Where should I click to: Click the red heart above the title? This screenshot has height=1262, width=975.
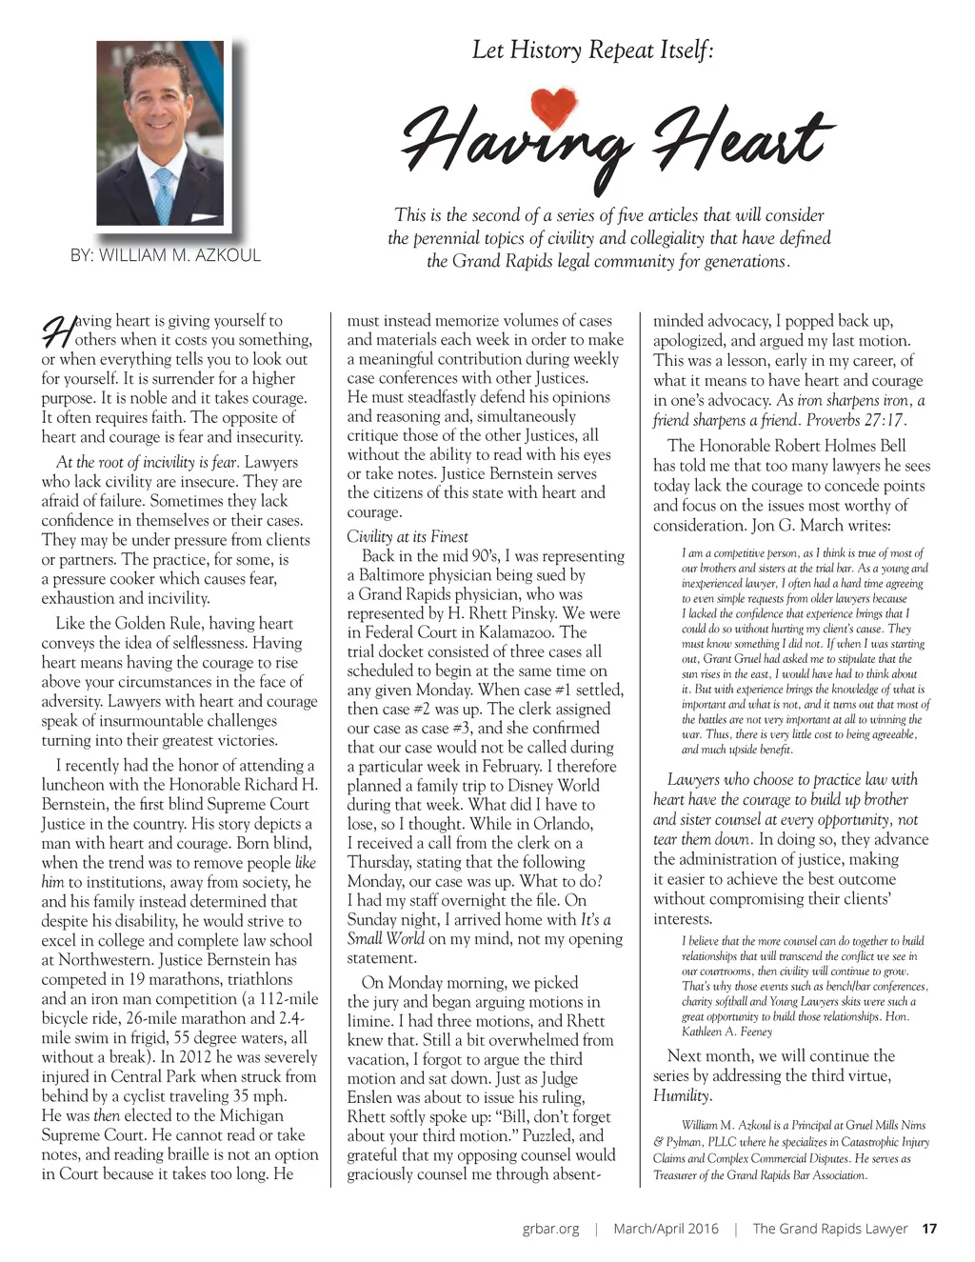coord(553,107)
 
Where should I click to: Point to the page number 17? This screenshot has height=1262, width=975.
coord(929,1229)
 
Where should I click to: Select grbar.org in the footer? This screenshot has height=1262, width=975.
coord(550,1229)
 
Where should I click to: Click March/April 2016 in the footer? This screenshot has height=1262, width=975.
coord(666,1229)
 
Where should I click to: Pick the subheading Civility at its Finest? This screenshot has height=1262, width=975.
coord(408,537)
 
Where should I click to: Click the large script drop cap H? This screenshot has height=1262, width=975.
coord(56,331)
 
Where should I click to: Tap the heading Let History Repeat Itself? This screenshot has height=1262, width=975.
coord(592,50)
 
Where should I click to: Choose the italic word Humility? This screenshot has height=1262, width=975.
coord(682,1095)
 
